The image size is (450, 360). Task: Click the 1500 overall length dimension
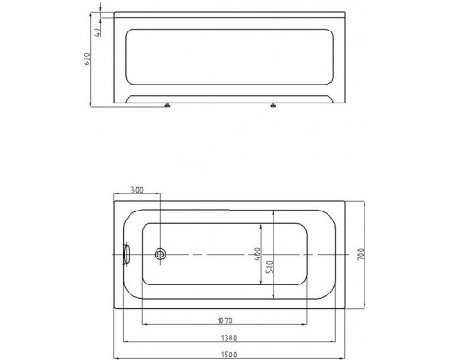click(x=229, y=355)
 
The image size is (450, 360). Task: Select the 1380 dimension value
click(x=229, y=338)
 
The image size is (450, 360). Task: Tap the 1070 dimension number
click(x=225, y=320)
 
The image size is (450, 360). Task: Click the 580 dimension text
click(x=269, y=266)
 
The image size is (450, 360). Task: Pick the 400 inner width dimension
click(x=257, y=254)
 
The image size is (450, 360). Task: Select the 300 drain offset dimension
click(x=138, y=190)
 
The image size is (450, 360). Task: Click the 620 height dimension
click(x=86, y=59)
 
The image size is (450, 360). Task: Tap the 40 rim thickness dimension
click(x=97, y=32)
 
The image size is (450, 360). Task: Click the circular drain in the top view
click(x=160, y=254)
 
